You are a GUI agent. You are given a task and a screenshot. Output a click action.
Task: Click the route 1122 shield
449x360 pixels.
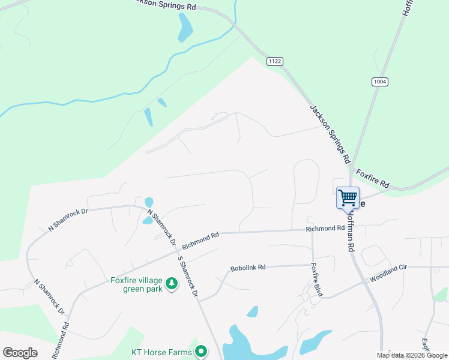pos(276,61)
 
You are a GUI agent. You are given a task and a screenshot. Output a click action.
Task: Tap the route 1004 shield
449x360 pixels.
pos(378,82)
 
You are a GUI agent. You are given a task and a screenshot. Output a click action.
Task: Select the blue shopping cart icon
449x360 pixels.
pos(348,197)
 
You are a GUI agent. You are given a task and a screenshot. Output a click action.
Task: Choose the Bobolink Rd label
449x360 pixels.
pos(248,268)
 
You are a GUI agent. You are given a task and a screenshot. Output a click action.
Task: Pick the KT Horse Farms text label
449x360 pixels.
pos(161,352)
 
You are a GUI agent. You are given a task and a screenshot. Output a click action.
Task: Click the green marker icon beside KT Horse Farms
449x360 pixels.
pos(202,352)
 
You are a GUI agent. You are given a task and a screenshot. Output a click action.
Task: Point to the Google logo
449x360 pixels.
pos(20,352)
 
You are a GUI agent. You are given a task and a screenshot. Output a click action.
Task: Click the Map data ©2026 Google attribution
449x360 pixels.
pos(412,355)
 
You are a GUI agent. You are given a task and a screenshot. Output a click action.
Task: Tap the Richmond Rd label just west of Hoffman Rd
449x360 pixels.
pos(325,229)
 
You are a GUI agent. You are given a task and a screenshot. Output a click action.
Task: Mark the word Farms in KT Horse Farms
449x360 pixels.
pos(179,352)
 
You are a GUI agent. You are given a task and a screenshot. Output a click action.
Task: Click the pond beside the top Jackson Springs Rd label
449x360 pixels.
pos(185,28)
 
